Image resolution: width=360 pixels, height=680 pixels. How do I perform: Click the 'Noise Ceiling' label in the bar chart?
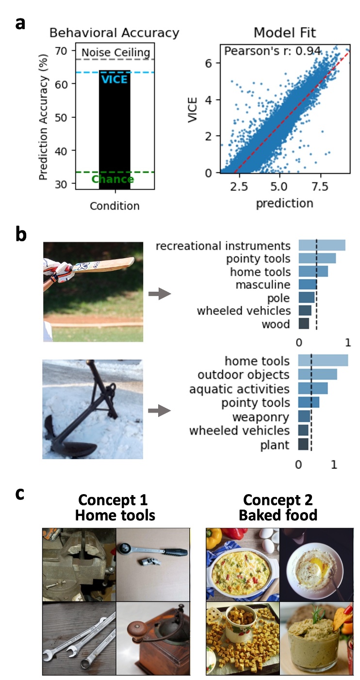115,52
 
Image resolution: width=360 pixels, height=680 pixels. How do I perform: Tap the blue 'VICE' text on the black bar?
115,79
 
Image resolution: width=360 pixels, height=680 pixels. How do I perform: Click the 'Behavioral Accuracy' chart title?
115,33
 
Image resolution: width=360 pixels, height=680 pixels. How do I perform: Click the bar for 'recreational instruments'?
321,246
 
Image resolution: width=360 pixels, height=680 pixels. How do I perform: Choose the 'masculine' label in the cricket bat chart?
262,284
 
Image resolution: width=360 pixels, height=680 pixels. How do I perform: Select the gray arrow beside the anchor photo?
159,412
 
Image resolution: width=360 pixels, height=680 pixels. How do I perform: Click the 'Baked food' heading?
278,514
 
